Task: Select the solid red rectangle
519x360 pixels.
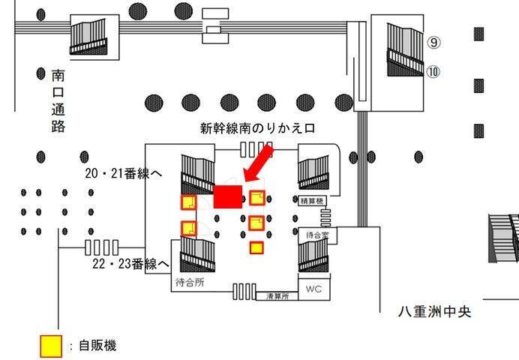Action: (x=227, y=196)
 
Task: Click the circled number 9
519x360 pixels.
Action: (x=433, y=43)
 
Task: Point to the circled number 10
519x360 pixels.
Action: (x=433, y=72)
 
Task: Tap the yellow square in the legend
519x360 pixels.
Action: (x=50, y=346)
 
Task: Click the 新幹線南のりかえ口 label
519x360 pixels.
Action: (x=256, y=127)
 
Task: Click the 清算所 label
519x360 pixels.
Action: (x=279, y=297)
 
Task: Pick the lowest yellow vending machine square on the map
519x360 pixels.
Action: (x=256, y=247)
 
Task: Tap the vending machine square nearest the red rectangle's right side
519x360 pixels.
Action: (x=257, y=198)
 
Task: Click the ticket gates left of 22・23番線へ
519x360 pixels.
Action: (x=102, y=247)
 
